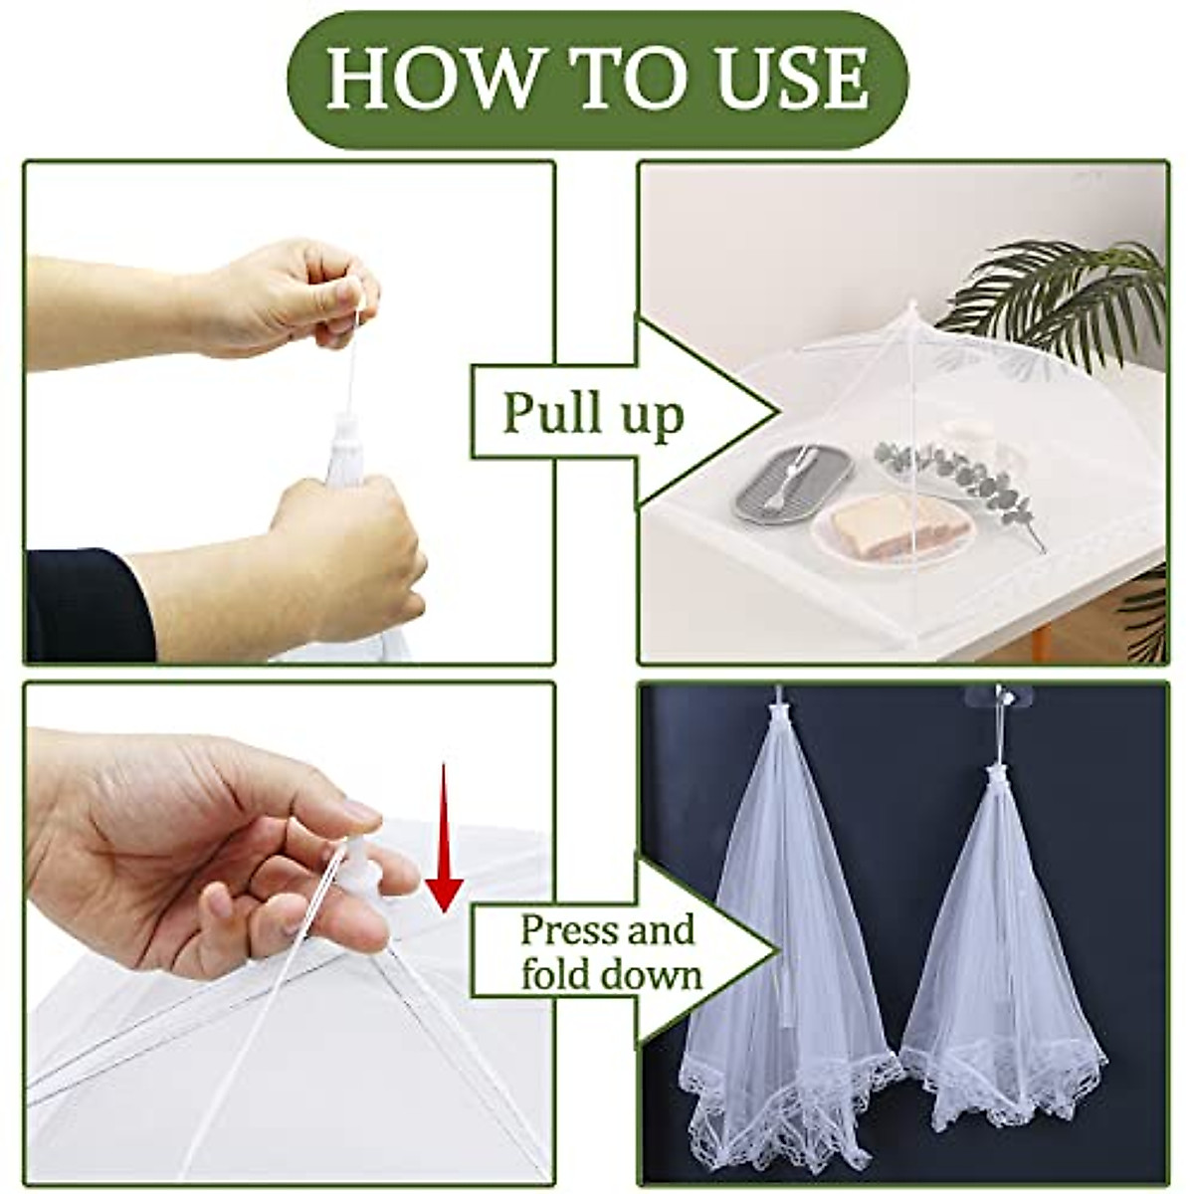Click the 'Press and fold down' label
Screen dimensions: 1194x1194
tap(607, 952)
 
